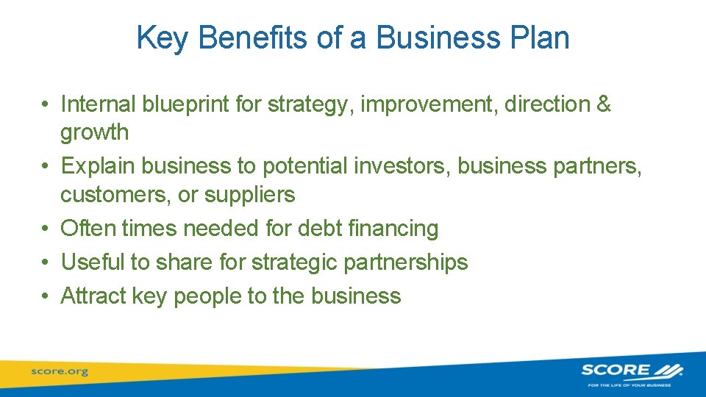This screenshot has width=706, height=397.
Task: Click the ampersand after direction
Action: (604, 104)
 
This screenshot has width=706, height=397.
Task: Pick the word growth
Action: (94, 133)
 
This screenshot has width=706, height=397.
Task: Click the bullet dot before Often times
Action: (46, 229)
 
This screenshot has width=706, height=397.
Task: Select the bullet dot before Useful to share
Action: (46, 262)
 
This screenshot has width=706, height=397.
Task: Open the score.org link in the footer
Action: (60, 372)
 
